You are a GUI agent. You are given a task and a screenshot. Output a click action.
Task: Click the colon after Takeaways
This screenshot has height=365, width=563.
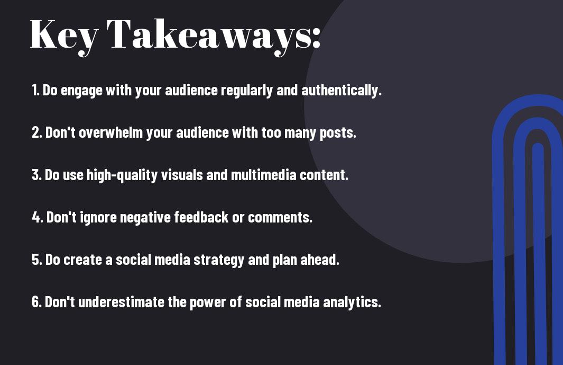pos(316,38)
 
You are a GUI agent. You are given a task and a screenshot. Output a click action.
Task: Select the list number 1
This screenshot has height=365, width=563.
pos(35,91)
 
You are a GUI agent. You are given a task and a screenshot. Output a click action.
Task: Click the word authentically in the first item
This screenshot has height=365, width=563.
pos(341,91)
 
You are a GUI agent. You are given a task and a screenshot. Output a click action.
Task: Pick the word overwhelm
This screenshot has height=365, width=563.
pos(110,132)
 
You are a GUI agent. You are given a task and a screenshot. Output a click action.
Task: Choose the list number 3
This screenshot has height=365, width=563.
pos(36,175)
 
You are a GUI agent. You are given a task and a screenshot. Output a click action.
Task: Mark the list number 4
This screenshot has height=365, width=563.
pos(38,217)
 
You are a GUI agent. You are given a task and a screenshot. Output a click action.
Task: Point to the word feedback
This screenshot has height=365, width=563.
pos(201,217)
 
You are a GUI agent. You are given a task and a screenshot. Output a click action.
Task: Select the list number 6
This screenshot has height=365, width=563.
pos(36,302)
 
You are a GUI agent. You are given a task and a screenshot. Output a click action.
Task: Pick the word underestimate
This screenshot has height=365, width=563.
pos(121,302)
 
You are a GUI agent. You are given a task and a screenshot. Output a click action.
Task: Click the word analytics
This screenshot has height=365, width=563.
pos(352,302)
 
